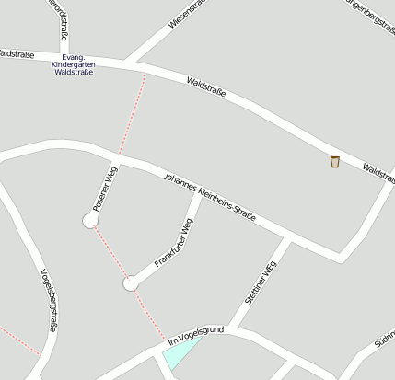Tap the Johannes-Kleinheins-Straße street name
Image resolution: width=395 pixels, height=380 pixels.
209,196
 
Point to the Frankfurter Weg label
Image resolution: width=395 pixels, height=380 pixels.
174,243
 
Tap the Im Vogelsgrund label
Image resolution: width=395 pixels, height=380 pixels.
195,336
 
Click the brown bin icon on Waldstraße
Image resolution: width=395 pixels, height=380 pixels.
335,162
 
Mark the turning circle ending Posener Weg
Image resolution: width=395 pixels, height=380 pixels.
90,220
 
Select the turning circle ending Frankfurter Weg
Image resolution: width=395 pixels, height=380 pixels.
130,283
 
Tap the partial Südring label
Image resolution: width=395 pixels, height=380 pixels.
384,344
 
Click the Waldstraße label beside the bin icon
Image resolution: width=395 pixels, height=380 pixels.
378,172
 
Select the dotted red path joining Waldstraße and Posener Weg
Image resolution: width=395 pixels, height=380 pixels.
133,115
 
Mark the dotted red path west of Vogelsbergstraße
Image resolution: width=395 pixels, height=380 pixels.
18,340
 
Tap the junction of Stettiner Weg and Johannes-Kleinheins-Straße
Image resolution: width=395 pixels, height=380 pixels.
288,237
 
